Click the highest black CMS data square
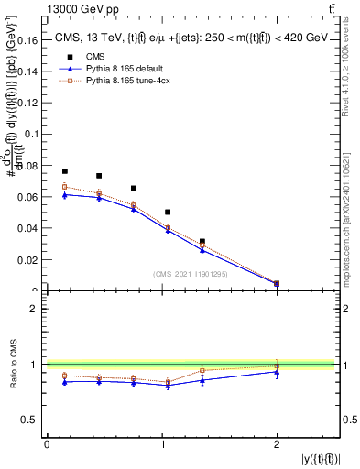pyautogui.click(x=65, y=171)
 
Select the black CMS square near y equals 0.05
pyautogui.click(x=168, y=212)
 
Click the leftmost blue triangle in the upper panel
pyautogui.click(x=65, y=195)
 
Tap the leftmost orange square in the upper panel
pyautogui.click(x=65, y=187)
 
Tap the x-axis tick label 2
pyautogui.click(x=277, y=444)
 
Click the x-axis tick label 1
pyautogui.click(x=161, y=444)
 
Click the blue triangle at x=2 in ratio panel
pyautogui.click(x=277, y=372)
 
